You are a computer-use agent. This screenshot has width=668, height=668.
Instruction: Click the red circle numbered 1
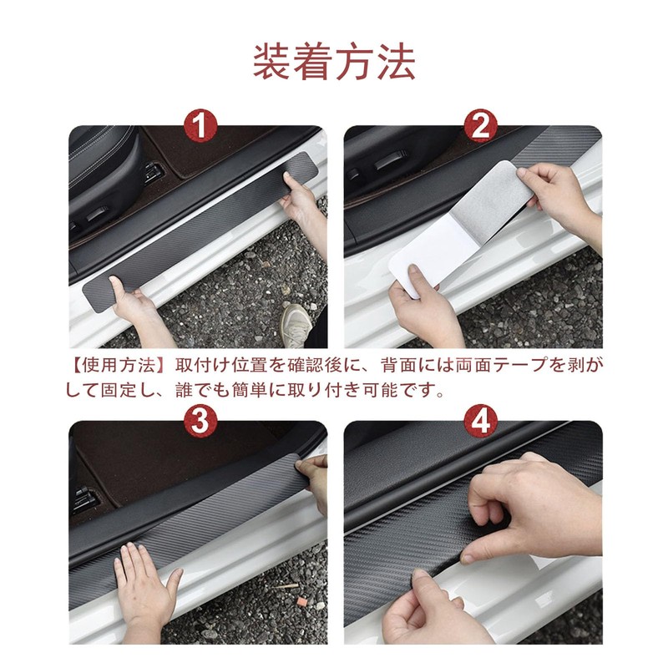200,125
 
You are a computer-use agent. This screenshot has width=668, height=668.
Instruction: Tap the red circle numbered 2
480,125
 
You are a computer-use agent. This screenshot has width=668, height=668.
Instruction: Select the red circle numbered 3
200,421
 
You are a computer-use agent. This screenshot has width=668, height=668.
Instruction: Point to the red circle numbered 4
481,421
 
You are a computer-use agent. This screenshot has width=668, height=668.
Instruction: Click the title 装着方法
334,63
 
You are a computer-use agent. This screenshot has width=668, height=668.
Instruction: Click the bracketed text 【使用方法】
117,366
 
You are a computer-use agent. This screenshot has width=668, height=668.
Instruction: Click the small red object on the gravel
302,601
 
